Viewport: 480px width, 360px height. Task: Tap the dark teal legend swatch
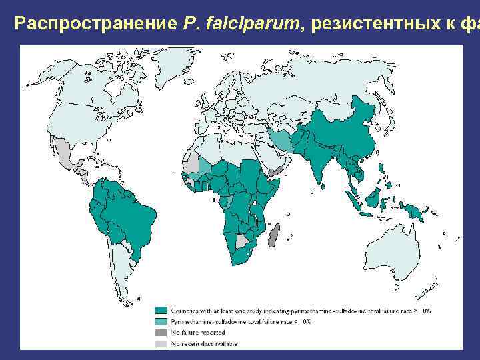(x=161, y=311)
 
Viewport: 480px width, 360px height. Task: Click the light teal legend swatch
(x=161, y=321)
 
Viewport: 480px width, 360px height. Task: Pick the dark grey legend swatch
(x=161, y=332)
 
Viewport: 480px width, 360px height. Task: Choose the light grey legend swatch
(x=161, y=343)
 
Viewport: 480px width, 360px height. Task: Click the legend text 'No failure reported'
(x=198, y=332)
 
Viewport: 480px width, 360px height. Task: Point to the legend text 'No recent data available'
(x=204, y=343)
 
